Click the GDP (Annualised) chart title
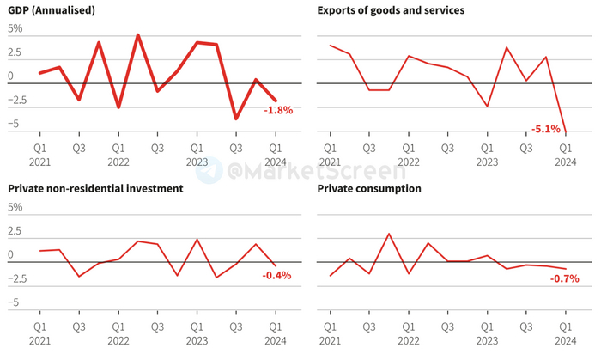point(52,10)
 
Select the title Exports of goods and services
point(391,10)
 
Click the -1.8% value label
point(278,110)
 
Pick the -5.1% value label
point(546,130)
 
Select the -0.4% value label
point(276,276)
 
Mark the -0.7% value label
point(564,278)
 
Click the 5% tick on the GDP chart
point(15,28)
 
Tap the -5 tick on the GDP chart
point(14,125)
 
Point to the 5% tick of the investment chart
point(15,207)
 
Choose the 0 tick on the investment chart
point(11,255)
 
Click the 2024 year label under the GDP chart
point(275,162)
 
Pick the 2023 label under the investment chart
point(197,340)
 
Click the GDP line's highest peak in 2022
point(138,35)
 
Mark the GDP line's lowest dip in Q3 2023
point(236,119)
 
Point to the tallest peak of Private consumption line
point(389,234)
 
